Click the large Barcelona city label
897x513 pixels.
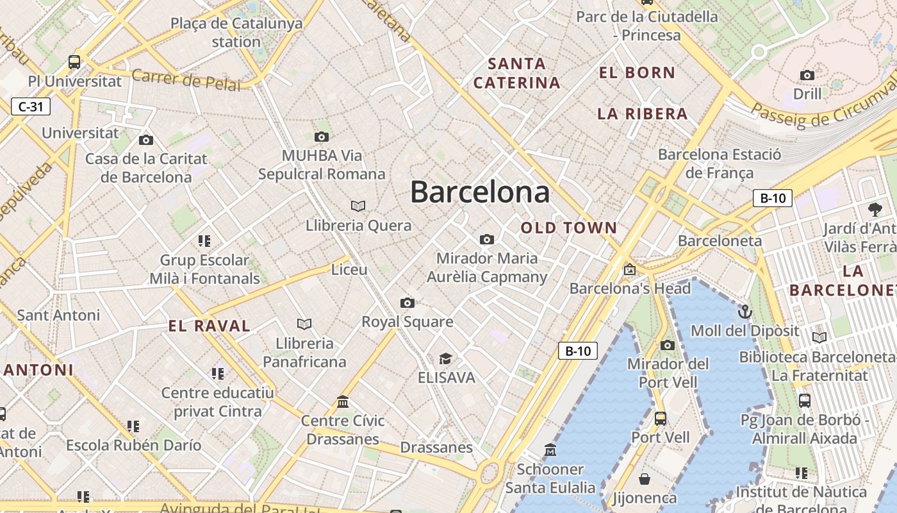480,192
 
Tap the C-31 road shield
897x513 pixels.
30,106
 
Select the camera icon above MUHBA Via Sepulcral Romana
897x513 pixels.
322,137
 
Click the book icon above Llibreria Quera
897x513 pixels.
358,206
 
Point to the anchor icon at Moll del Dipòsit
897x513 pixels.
745,312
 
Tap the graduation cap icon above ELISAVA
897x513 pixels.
445,358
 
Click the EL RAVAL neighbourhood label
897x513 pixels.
210,326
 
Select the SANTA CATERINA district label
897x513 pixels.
517,73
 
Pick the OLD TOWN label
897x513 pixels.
569,228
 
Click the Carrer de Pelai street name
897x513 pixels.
186,80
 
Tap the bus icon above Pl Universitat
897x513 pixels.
74,62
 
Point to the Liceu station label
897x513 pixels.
349,269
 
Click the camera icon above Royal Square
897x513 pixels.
407,303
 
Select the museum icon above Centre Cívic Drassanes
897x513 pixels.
343,401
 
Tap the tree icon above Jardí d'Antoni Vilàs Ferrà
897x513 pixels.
875,209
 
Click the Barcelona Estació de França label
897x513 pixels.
720,164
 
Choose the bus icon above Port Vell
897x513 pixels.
661,419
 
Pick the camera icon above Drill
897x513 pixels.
807,76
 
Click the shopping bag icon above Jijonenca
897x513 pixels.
645,479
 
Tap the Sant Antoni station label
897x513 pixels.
58,315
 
